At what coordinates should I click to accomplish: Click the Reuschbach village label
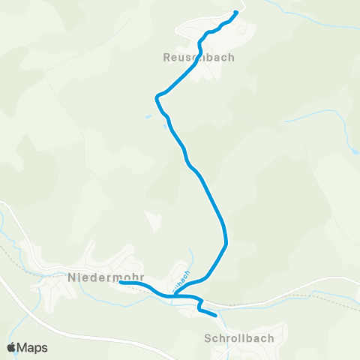199,56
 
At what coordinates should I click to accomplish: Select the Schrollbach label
238,338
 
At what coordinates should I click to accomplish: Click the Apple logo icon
11,348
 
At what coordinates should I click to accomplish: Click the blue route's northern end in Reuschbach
236,12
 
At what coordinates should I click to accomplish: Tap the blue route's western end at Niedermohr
121,283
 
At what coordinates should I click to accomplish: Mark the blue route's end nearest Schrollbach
216,316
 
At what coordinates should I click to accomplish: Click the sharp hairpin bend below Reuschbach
156,97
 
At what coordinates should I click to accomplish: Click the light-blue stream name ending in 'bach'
181,280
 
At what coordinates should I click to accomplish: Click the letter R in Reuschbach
166,56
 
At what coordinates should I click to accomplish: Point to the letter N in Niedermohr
71,277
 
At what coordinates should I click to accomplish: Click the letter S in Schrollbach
207,338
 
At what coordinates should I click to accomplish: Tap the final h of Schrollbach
270,338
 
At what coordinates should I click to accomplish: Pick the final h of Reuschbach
231,56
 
